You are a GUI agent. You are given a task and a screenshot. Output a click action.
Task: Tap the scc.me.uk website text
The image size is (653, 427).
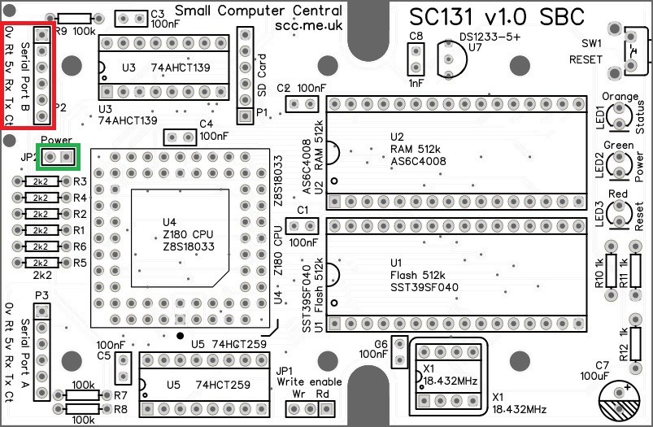click(308, 26)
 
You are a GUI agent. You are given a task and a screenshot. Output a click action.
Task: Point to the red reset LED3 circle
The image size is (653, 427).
click(620, 213)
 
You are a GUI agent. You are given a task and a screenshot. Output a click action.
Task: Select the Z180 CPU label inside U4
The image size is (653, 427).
click(188, 234)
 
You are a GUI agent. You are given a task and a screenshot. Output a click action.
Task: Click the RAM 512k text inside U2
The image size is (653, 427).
click(415, 150)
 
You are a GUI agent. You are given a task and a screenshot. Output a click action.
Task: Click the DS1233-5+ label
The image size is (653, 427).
click(490, 37)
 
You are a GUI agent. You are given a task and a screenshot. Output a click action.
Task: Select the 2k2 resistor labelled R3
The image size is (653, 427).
click(41, 181)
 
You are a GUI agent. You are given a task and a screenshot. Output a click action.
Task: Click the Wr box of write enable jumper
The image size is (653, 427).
click(299, 406)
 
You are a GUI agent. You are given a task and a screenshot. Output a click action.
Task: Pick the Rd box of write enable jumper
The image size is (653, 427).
click(323, 406)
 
